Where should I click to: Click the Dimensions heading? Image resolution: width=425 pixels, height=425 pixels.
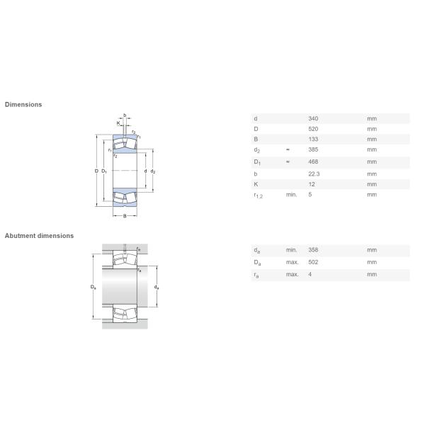23,104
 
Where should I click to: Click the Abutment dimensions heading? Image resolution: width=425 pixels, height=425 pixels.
39,236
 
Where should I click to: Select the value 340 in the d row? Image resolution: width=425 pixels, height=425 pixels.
313,118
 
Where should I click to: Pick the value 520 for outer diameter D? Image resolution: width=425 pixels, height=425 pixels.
313,129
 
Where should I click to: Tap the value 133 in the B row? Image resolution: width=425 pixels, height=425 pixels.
313,139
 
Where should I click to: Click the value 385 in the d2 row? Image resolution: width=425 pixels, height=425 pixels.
313,149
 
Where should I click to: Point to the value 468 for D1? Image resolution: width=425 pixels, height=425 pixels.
313,161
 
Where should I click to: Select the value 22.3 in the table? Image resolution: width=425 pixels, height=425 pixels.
314,174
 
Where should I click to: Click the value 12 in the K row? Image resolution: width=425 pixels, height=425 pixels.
312,184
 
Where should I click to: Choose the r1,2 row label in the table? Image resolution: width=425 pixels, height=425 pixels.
258,195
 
